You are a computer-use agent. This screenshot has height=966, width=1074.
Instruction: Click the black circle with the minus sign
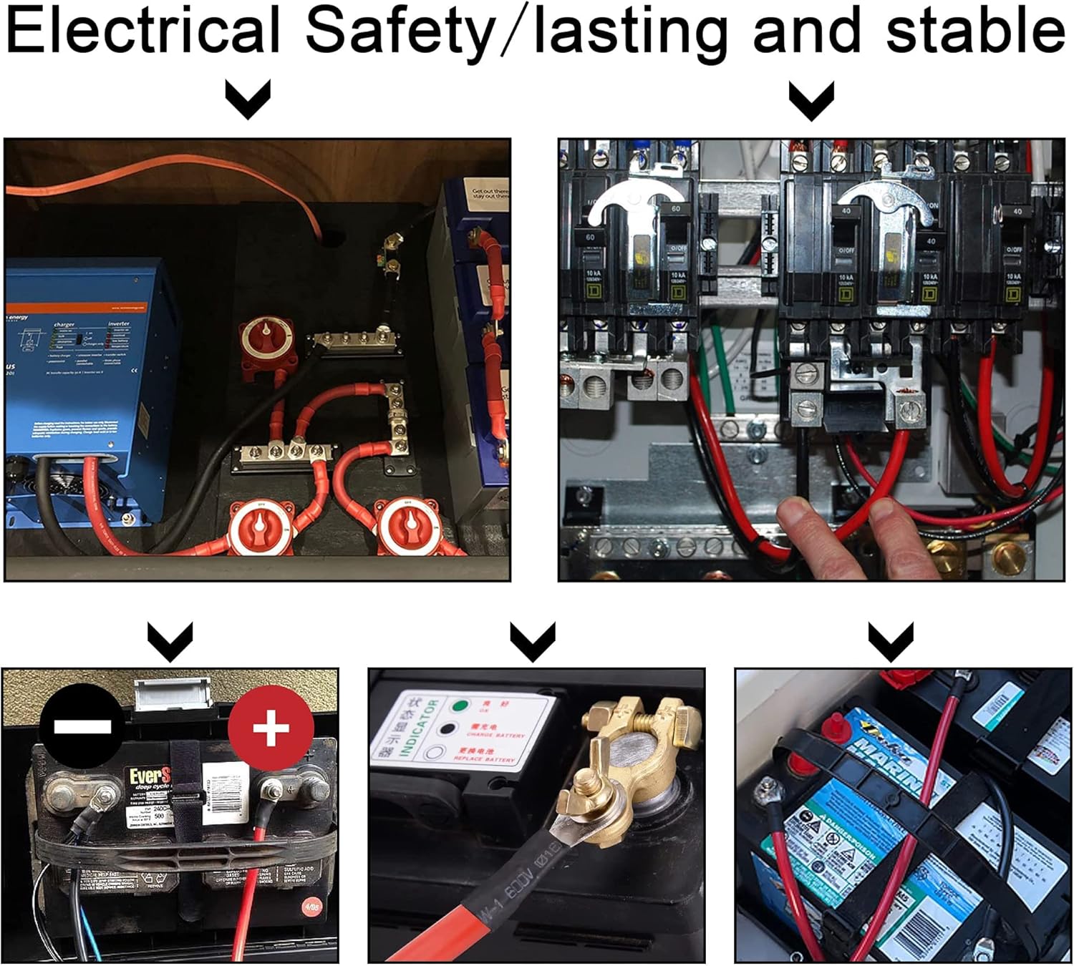pyautogui.click(x=82, y=726)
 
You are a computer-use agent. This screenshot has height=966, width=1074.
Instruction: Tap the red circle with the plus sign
pyautogui.click(x=271, y=726)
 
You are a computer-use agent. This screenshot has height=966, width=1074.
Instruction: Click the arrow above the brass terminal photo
pyautogui.click(x=532, y=639)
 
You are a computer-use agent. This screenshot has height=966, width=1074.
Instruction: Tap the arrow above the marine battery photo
pyautogui.click(x=890, y=639)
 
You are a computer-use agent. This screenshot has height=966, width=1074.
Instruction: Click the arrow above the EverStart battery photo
pyautogui.click(x=170, y=639)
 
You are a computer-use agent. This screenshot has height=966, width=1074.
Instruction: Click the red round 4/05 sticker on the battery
pyautogui.click(x=311, y=906)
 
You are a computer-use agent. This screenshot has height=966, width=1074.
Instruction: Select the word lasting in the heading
pyautogui.click(x=630, y=30)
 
